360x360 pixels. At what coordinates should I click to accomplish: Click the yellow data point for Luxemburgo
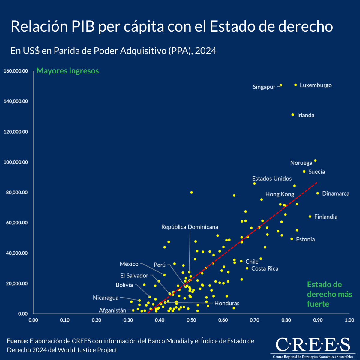pos(295,85)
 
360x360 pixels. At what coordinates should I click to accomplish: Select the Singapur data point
pos(281,85)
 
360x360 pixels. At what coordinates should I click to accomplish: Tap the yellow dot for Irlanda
pos(293,115)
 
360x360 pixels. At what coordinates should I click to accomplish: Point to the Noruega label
pos(301,163)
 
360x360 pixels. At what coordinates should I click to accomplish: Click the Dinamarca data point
pos(318,193)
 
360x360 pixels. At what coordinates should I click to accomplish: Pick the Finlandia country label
pos(326,217)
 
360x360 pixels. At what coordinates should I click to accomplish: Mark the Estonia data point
pos(292,239)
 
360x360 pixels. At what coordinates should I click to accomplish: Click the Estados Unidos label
pos(272,179)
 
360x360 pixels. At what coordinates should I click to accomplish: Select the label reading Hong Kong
pos(280,194)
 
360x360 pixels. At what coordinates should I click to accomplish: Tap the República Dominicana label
pos(190,227)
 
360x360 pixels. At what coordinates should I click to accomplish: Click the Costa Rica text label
pos(265,269)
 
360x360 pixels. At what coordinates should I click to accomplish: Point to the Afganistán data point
pos(133,310)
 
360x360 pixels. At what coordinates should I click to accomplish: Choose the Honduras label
pos(227,304)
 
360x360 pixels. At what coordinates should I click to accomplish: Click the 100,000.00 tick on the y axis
pos(16,162)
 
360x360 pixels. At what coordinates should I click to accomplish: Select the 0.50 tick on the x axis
pos(191,320)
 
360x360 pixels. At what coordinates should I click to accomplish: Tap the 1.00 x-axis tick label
pos(349,320)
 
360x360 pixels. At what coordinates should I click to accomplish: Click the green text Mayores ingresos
pos(67,71)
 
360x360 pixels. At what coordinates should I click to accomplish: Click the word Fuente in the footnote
pos(17,341)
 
